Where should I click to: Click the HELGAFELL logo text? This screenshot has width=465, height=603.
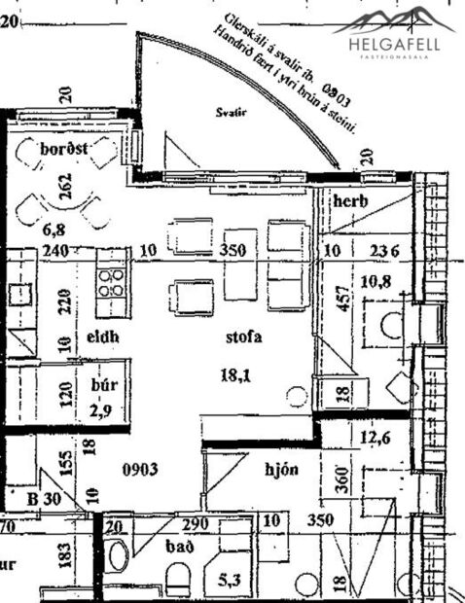[393, 42]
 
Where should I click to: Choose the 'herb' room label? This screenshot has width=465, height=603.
[349, 200]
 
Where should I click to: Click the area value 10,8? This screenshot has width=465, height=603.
[375, 282]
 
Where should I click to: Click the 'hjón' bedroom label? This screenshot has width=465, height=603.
[282, 470]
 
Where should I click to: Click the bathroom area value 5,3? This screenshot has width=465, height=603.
[231, 580]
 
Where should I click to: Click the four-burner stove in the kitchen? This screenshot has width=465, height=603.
[112, 281]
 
